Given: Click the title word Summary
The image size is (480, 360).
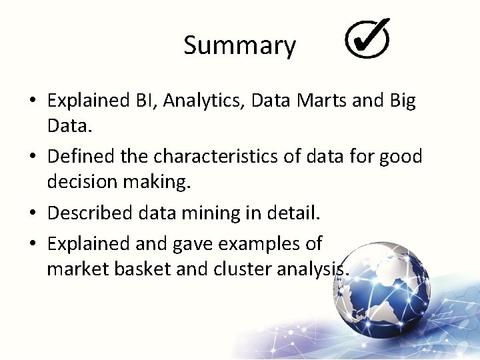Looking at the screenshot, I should [x=239, y=46].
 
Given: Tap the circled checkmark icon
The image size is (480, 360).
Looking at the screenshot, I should [x=367, y=38].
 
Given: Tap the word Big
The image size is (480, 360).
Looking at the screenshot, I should [x=402, y=101].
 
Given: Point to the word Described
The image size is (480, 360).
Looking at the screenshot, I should [x=91, y=213].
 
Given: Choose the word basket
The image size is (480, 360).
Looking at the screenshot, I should [x=135, y=269].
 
